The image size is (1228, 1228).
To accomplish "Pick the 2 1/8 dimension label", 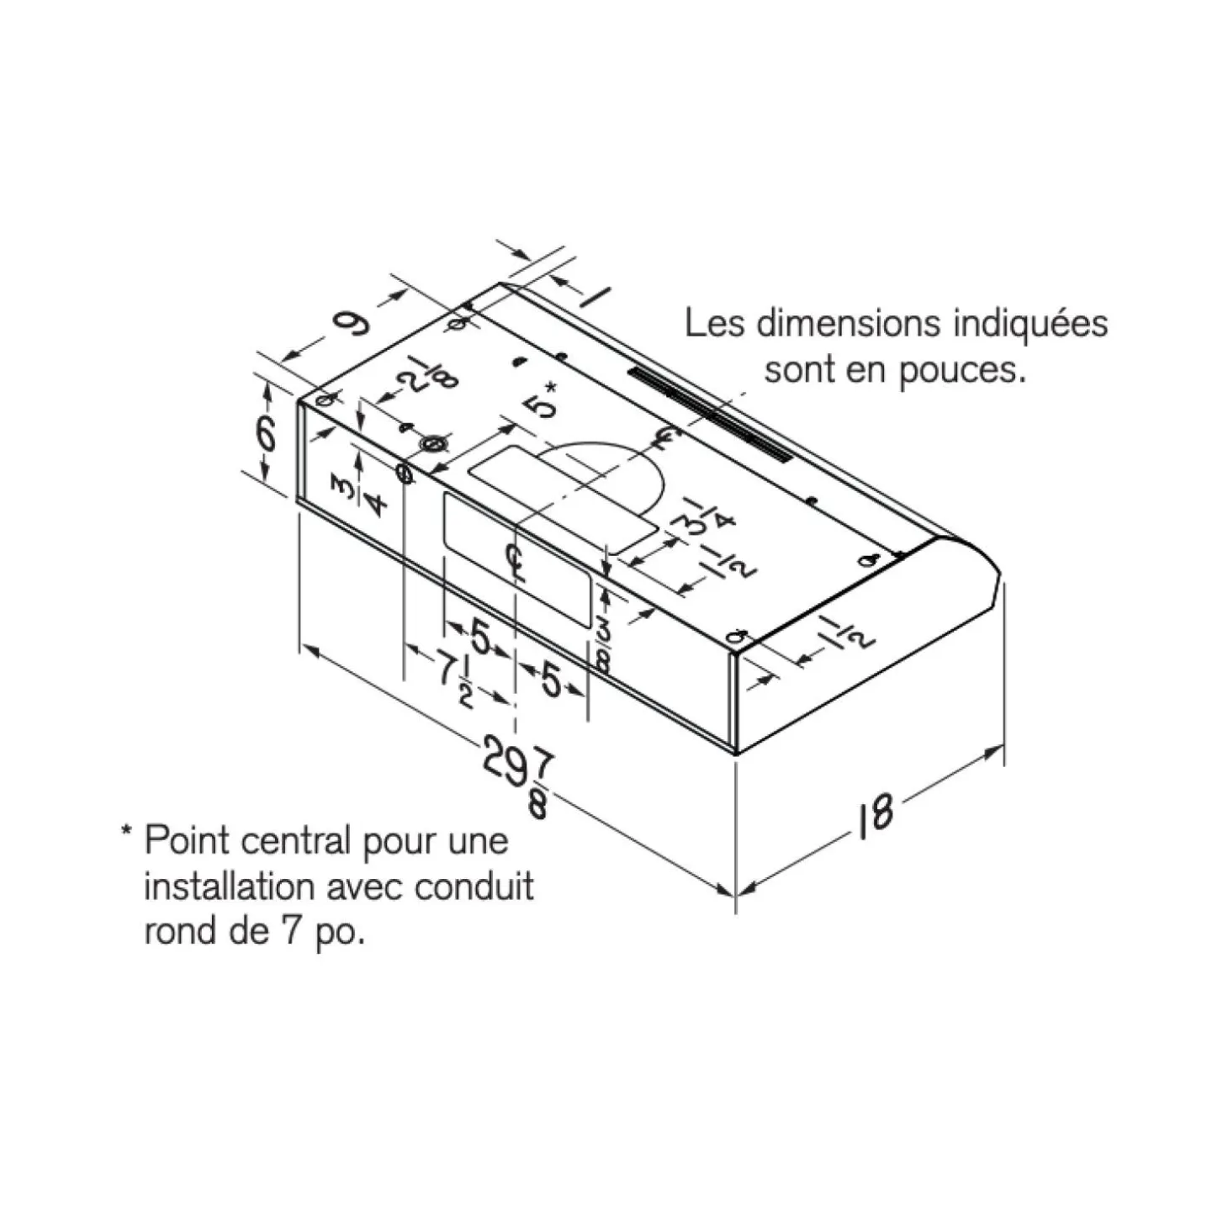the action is click(x=427, y=372).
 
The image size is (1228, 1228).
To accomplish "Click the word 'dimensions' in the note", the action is click(x=848, y=323).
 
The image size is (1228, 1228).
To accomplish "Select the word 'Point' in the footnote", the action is click(x=186, y=841).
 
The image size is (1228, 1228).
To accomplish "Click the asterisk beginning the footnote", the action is click(x=128, y=832).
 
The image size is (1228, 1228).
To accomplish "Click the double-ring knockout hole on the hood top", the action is click(x=433, y=442).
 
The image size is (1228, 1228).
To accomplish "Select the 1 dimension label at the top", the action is click(x=593, y=297).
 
